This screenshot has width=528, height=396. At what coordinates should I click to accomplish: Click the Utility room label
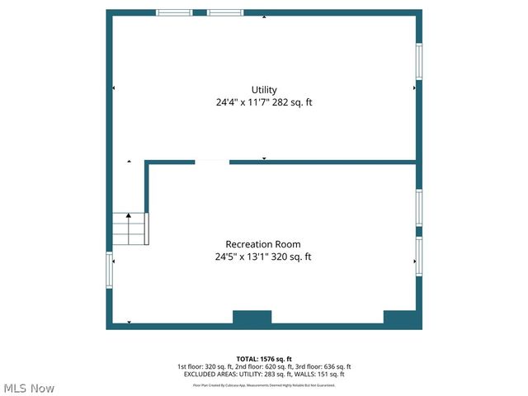click(264, 90)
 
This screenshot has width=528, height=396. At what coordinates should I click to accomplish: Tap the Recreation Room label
click(263, 244)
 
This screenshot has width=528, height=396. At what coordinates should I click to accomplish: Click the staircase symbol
click(130, 229)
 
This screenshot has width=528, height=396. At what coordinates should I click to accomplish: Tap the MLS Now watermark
click(28, 388)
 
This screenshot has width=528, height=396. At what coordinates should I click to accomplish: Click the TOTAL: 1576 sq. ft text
click(264, 359)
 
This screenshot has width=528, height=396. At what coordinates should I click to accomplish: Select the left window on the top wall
click(174, 13)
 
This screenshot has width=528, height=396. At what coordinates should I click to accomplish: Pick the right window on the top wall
click(225, 13)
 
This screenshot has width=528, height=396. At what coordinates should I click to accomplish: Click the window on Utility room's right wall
click(418, 62)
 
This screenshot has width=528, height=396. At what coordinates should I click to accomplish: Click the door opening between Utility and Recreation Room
click(212, 163)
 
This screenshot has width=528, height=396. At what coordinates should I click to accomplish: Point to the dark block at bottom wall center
click(252, 318)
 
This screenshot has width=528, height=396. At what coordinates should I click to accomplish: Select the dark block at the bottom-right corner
click(400, 318)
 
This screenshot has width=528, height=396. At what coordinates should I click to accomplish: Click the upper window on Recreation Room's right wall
click(418, 207)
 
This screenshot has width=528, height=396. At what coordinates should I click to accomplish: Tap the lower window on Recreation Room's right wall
click(418, 257)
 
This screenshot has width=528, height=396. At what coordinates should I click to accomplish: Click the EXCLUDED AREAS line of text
click(264, 375)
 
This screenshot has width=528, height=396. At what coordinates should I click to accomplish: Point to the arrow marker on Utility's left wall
click(114, 87)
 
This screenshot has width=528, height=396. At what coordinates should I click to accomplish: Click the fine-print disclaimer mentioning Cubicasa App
click(264, 384)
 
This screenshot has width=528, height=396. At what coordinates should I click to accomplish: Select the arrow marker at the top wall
click(264, 16)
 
